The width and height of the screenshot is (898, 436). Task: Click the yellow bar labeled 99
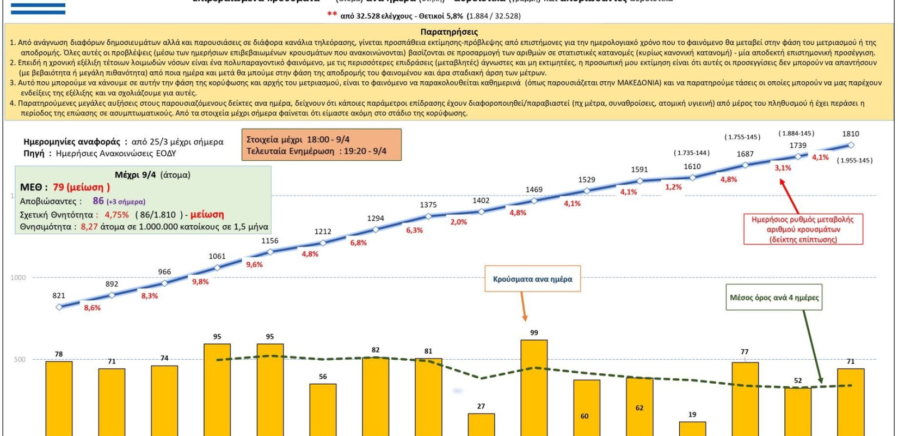(534, 387)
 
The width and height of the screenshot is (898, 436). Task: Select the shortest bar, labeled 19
(692, 428)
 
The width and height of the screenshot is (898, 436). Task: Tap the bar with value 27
(481, 424)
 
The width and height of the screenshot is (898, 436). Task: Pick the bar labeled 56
(323, 409)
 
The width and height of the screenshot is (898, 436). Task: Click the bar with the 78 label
(59, 398)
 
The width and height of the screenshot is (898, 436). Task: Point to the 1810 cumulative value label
(851, 134)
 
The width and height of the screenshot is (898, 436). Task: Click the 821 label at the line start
(59, 295)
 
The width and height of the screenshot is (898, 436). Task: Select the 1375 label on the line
(428, 204)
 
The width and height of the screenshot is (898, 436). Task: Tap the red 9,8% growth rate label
(200, 282)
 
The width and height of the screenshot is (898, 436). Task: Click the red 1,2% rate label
(673, 187)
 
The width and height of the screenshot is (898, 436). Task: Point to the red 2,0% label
(459, 222)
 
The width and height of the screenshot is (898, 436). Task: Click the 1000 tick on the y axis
(18, 277)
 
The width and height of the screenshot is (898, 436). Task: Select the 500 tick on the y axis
(20, 359)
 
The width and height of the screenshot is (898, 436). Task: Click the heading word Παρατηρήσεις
(449, 32)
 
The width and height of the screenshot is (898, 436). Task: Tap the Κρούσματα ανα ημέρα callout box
(533, 279)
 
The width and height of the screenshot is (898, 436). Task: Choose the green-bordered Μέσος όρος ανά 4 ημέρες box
(774, 298)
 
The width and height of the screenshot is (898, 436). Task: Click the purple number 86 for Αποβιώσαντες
(98, 201)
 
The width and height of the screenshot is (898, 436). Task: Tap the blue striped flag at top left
(38, 8)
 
